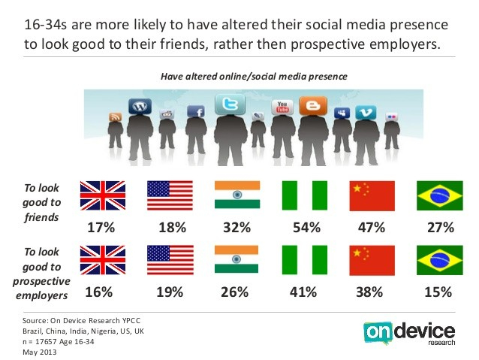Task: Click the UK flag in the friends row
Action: coord(101,195)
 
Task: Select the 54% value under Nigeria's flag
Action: coord(304,226)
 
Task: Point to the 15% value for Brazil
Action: coord(439,292)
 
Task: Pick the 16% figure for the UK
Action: coord(101,292)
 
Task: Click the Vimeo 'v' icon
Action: coord(366,111)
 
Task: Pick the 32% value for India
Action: coord(236,226)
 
